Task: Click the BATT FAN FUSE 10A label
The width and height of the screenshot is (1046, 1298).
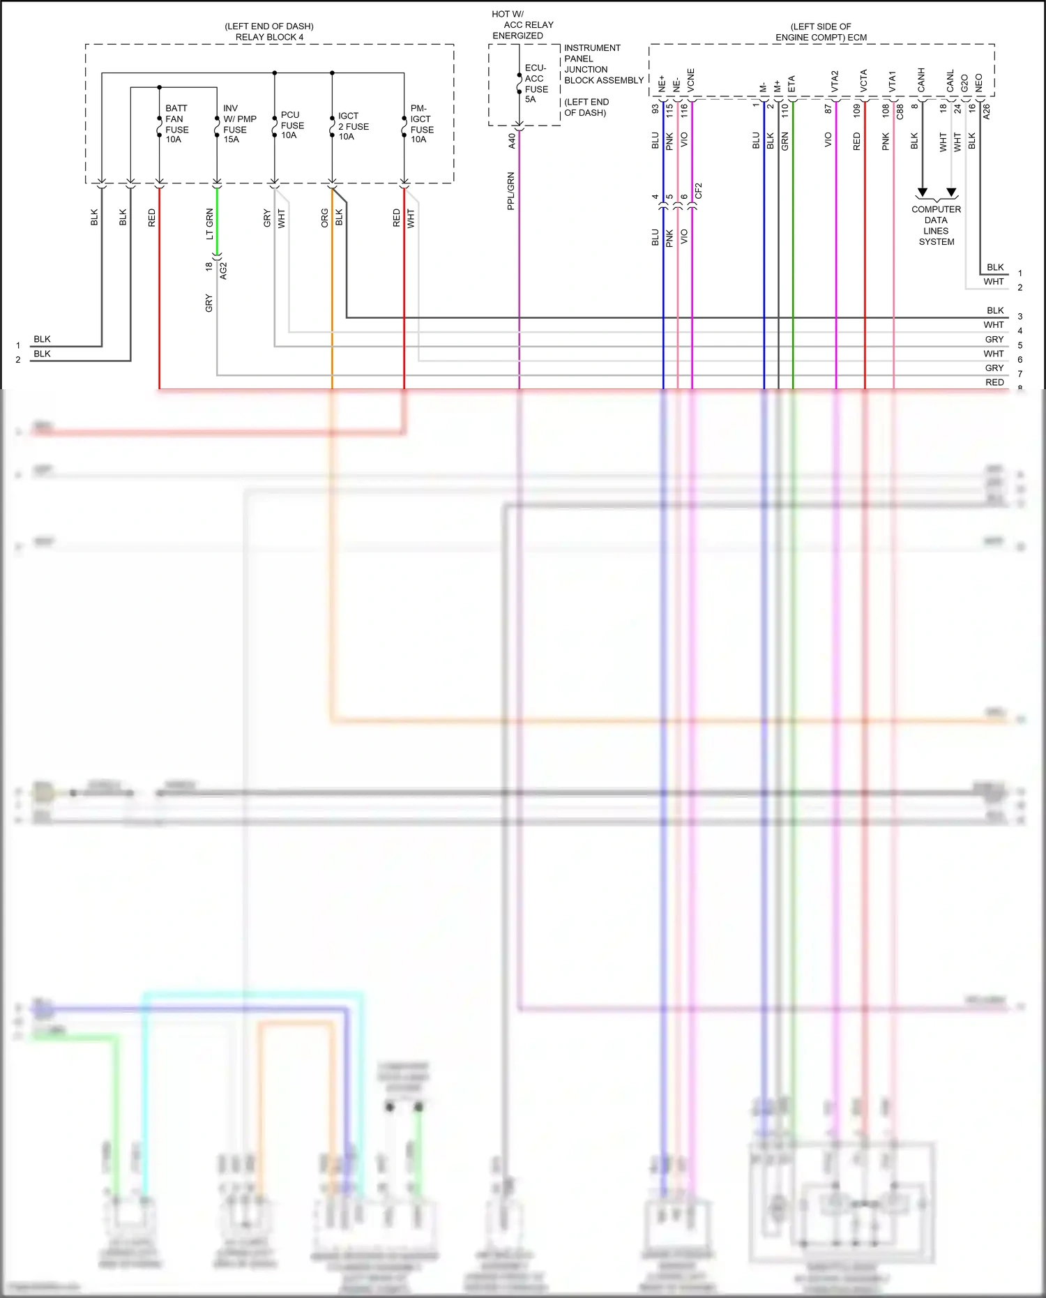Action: pos(176,124)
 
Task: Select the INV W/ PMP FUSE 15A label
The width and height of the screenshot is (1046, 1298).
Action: pos(239,124)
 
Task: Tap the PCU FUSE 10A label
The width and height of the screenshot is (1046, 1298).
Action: pos(292,126)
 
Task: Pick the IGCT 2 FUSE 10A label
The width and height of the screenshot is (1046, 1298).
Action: pos(353,126)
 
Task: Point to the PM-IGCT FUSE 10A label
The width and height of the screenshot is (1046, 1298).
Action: pos(421,124)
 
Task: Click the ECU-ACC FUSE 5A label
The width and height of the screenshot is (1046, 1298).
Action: pos(536,84)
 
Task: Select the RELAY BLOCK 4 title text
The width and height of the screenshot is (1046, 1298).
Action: pos(269,37)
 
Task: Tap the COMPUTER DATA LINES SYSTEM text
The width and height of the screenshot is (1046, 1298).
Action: pos(936,225)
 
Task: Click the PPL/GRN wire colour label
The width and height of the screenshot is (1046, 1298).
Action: pos(511,191)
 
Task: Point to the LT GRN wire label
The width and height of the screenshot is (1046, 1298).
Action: pos(209,223)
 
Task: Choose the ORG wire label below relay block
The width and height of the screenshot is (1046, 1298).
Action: pos(324,218)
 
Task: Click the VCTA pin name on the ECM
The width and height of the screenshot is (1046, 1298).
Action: pos(864,81)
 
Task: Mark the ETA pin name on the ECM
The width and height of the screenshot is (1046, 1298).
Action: pos(791,84)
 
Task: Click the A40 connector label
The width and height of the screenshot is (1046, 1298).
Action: pos(512,140)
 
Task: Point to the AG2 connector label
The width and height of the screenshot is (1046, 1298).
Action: pos(223,271)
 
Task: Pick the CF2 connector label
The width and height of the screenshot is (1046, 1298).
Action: pos(699,191)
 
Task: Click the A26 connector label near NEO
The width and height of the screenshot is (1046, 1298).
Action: pos(986,112)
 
